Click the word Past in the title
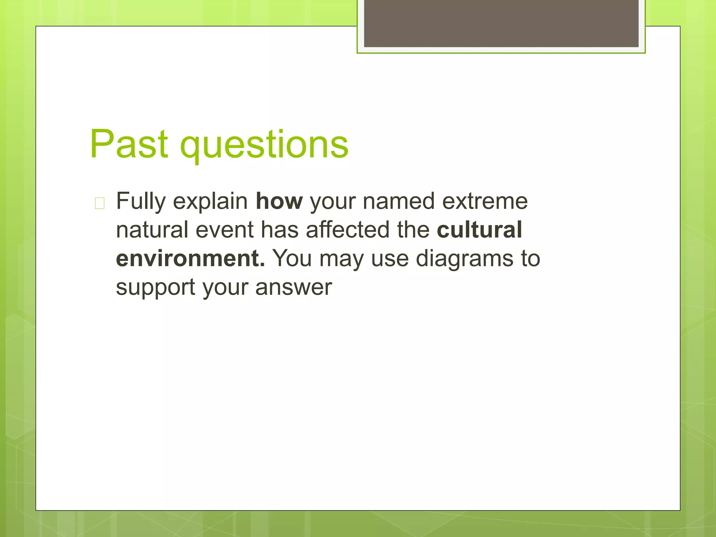tap(129, 144)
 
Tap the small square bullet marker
tap(100, 203)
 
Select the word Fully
tap(141, 202)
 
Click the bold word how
tap(279, 201)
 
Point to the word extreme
tap(485, 201)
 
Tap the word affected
tap(348, 230)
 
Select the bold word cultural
tap(479, 230)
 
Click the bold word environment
tap(190, 259)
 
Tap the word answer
tap(293, 288)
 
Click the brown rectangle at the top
tap(501, 23)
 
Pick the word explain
tap(210, 202)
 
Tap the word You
tap(292, 259)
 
